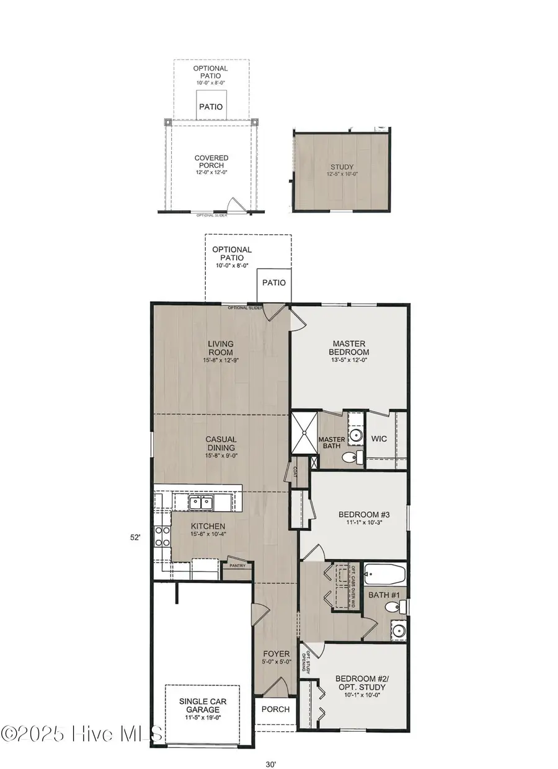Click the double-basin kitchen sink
click(x=200, y=502)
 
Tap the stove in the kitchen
click(x=163, y=536)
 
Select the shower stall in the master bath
click(x=304, y=432)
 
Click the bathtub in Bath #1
click(x=384, y=574)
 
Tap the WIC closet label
click(x=379, y=439)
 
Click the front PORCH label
click(x=275, y=709)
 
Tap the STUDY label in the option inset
click(x=342, y=167)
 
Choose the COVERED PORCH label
click(x=211, y=162)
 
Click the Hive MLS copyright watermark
click(x=82, y=734)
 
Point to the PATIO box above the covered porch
click(x=211, y=107)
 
